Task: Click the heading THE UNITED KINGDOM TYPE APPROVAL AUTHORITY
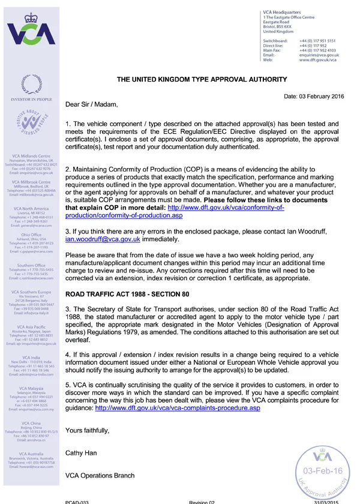click(x=202, y=79)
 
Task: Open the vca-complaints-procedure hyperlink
click(x=178, y=408)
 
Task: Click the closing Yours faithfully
click(x=88, y=430)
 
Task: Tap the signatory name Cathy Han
click(x=81, y=453)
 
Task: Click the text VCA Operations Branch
click(x=100, y=475)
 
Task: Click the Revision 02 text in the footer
click(x=202, y=502)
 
